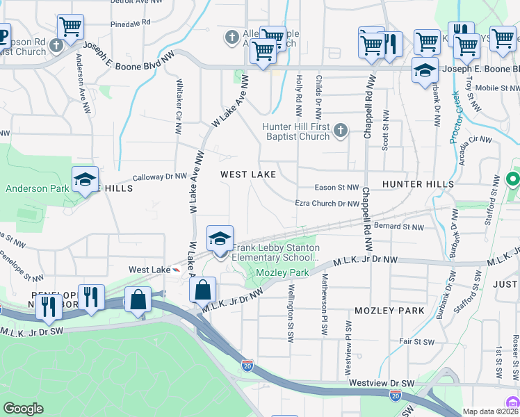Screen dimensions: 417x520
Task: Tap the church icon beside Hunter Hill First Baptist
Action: click(340, 130)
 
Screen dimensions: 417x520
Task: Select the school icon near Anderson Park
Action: click(85, 180)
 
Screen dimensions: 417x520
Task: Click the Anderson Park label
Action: click(37, 188)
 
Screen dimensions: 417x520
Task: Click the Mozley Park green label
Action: click(282, 273)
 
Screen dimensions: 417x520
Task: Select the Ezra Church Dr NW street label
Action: click(327, 204)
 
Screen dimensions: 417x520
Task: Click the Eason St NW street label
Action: click(336, 188)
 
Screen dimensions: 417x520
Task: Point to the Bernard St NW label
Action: click(398, 227)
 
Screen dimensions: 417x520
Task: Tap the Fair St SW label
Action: click(416, 342)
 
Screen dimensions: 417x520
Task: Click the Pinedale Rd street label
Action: click(131, 23)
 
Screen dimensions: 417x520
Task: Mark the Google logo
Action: click(23, 409)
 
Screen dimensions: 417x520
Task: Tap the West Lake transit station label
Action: click(149, 269)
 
